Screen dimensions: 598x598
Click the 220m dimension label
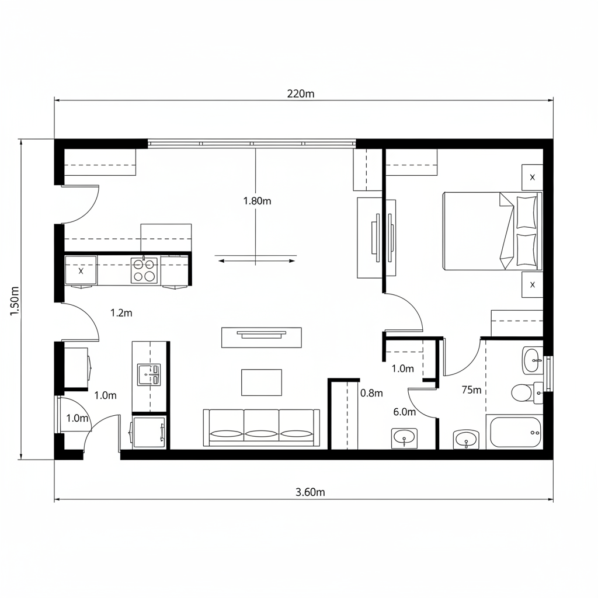(x=301, y=93)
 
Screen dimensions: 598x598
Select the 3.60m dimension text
(x=310, y=492)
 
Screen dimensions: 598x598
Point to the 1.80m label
(x=257, y=201)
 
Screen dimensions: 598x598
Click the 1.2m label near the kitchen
(x=121, y=313)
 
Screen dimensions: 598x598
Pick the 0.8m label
(x=371, y=393)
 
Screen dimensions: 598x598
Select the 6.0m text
(x=404, y=412)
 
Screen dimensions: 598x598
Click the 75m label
(x=471, y=390)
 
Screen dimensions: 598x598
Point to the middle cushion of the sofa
(x=261, y=429)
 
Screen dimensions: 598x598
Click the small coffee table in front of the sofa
(x=262, y=382)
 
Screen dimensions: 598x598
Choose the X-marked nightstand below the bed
(x=532, y=285)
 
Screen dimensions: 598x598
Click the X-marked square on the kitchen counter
(x=81, y=271)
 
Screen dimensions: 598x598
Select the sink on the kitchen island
(x=148, y=374)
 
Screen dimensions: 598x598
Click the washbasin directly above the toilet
(x=532, y=360)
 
